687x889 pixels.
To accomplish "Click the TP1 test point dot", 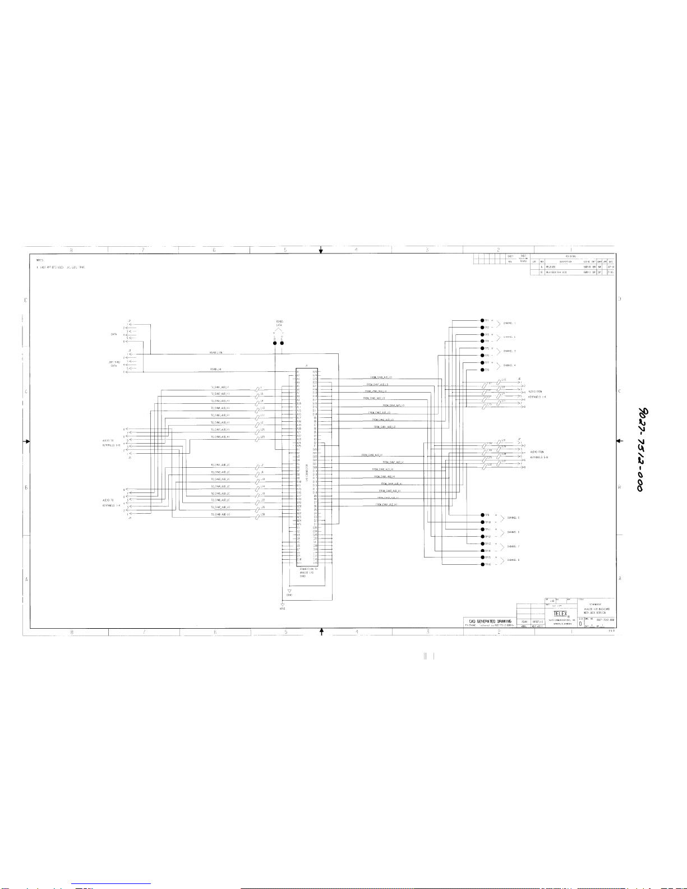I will pos(474,321).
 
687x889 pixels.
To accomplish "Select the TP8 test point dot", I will pos(474,370).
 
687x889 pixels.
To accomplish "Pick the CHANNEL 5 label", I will pos(513,518).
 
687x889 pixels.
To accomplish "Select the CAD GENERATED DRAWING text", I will pos(490,621).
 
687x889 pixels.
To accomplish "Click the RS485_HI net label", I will pos(216,369).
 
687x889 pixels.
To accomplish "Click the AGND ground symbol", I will pos(282,606).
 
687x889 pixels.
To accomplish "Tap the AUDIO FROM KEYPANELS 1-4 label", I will pos(537,394).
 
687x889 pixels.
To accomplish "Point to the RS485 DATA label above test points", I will pos(279,324).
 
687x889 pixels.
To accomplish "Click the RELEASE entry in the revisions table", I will pos(551,266).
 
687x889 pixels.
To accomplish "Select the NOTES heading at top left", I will pos(40,260).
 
